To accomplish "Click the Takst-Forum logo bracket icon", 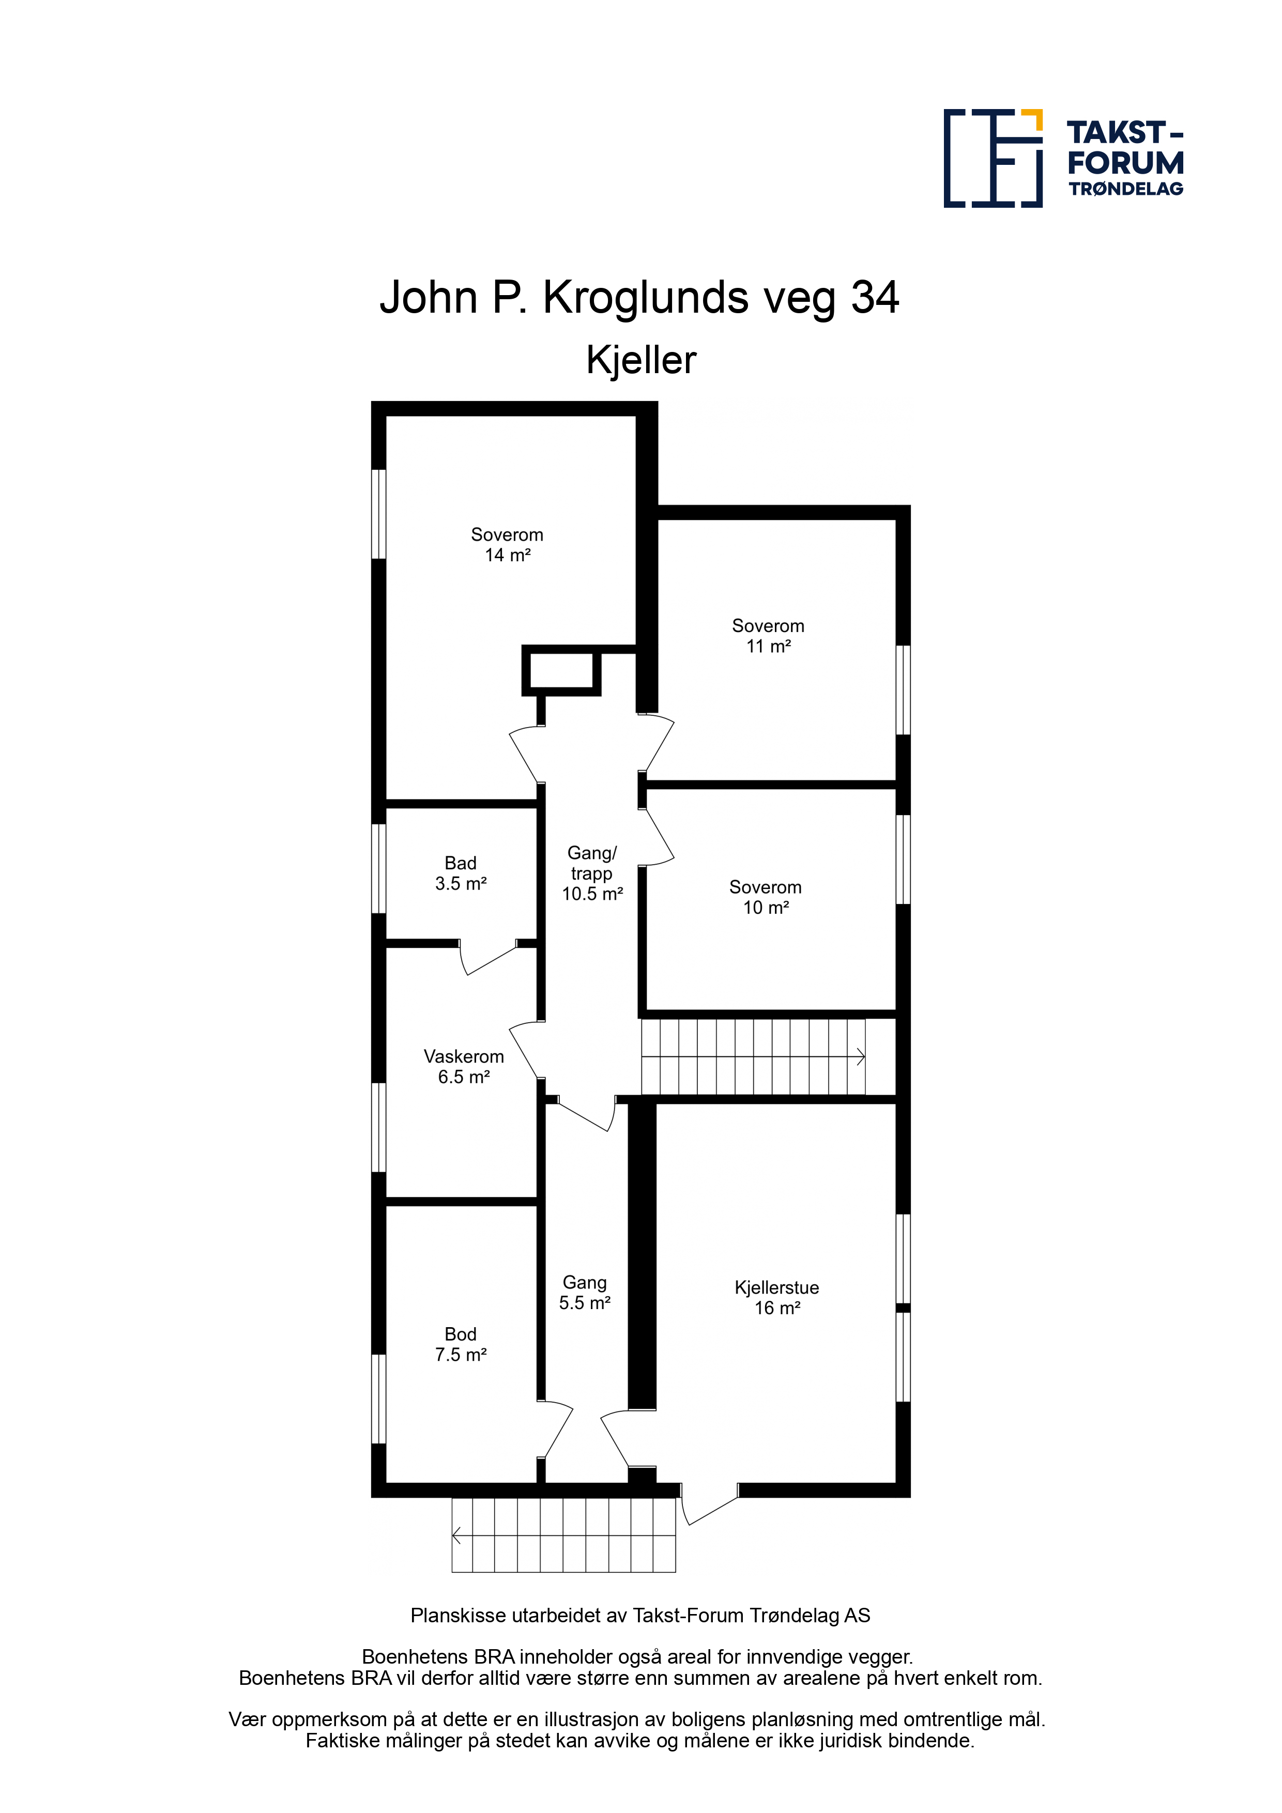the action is [x=993, y=158].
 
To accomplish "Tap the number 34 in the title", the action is [x=875, y=298].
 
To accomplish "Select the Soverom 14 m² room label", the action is [x=507, y=545].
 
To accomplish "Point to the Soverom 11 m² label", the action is [x=768, y=636].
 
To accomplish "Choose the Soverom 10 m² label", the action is [x=766, y=897].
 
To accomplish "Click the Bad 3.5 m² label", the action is [x=461, y=873].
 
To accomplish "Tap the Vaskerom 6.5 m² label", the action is [x=464, y=1066].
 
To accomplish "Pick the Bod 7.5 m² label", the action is [x=461, y=1344].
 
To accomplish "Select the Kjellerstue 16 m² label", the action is [x=776, y=1297].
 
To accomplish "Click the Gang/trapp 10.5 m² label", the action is [x=592, y=873].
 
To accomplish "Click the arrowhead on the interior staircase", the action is [x=862, y=1056].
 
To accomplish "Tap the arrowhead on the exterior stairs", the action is [x=456, y=1535].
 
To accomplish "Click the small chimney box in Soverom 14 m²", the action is [x=561, y=670].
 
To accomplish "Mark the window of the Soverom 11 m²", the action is [x=903, y=690].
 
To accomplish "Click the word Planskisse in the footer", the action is [x=457, y=1616].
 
